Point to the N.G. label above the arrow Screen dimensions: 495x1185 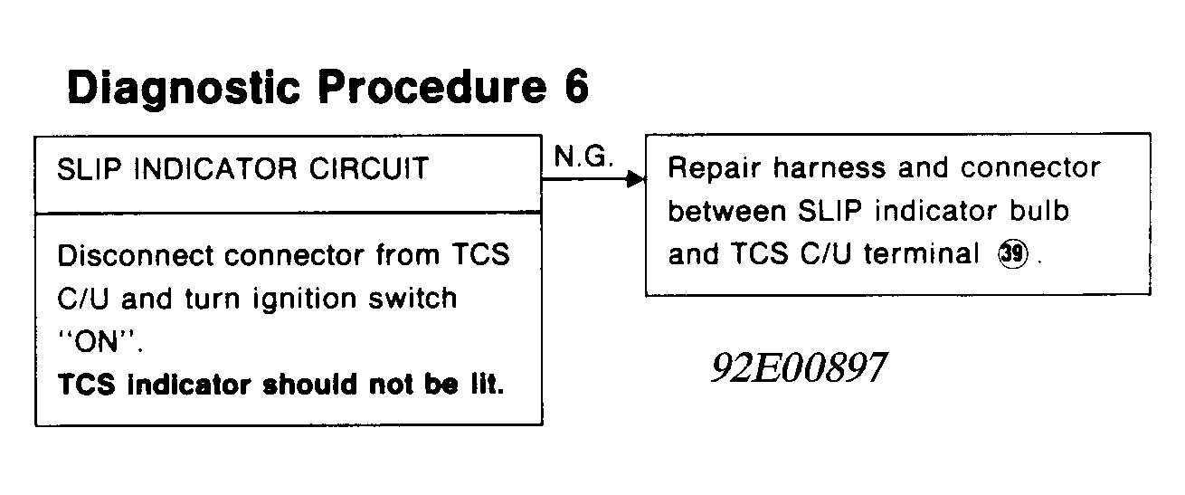(583, 159)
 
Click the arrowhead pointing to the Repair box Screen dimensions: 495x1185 (637, 179)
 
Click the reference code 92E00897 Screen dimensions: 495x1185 (799, 368)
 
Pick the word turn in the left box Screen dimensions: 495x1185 (214, 300)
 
